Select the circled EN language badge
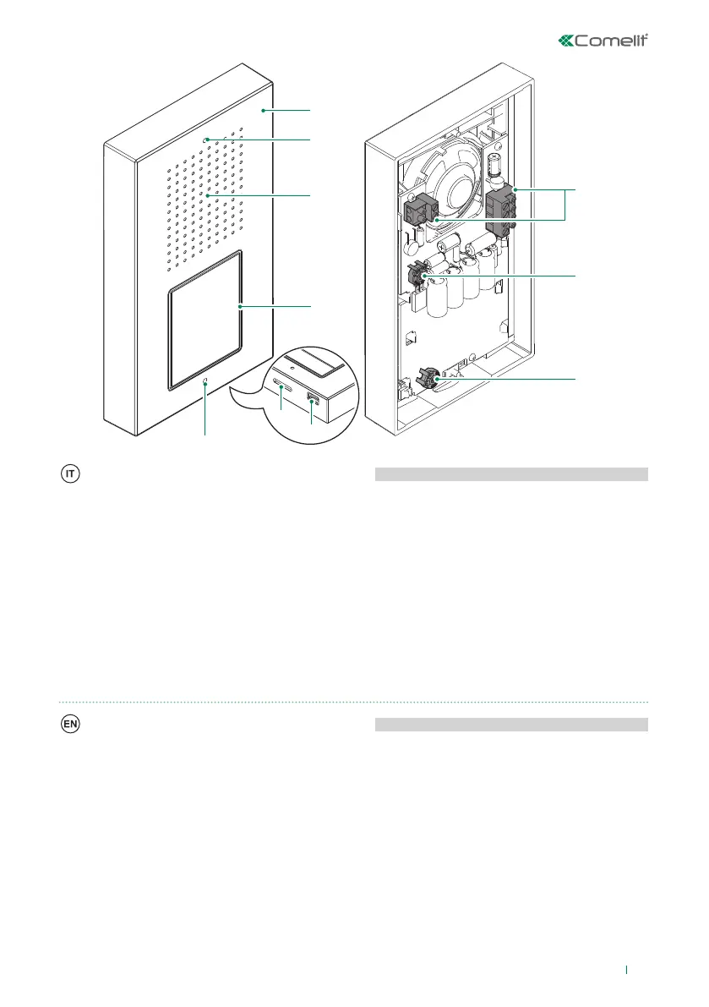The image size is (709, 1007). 70,725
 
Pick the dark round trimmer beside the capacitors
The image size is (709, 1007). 416,276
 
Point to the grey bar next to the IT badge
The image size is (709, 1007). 510,474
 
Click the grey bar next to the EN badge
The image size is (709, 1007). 510,725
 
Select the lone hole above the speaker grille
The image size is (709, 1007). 205,140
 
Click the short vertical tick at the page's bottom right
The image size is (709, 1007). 626,971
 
